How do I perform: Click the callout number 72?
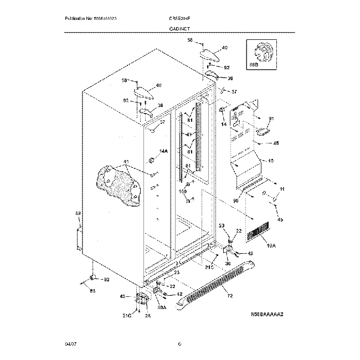pyautogui.click(x=230, y=296)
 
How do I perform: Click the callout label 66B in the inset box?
pyautogui.click(x=254, y=65)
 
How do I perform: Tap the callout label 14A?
pyautogui.click(x=163, y=151)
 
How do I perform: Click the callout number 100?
pyautogui.click(x=182, y=191)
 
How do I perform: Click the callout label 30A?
pyautogui.click(x=162, y=307)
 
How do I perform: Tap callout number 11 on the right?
pyautogui.click(x=282, y=189)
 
